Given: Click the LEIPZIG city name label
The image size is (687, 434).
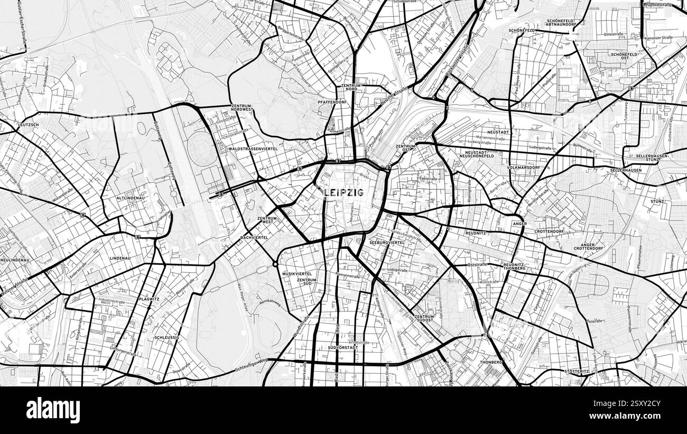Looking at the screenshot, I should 344,192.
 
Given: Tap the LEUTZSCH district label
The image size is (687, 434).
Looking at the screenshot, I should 29,125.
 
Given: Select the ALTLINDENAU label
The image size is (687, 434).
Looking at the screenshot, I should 131,198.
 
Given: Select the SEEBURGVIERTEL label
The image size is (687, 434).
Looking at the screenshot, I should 387,242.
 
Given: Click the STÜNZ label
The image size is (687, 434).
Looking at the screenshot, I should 657,202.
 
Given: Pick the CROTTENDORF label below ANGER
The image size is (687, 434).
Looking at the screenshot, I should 549,232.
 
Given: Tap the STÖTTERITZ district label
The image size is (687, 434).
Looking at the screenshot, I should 575,371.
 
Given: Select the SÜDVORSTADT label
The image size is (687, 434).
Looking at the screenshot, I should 343,348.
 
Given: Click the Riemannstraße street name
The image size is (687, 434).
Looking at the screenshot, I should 347,275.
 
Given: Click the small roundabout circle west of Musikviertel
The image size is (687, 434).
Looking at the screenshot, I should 275,264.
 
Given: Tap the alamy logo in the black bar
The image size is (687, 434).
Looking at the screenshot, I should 53,410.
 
